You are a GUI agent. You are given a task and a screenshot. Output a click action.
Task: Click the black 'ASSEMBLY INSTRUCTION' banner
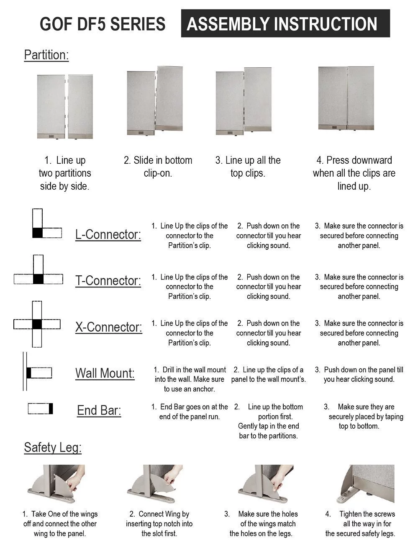click(285, 24)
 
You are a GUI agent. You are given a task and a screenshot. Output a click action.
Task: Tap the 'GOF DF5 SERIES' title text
click(103, 24)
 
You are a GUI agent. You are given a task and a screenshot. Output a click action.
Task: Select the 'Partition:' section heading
click(46, 55)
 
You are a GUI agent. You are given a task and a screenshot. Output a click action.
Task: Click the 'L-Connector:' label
click(108, 235)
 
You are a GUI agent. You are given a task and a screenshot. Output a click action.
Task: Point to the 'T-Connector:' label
click(108, 281)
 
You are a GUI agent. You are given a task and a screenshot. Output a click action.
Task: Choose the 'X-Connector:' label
click(109, 327)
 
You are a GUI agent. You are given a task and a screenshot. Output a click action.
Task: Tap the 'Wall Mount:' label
click(105, 373)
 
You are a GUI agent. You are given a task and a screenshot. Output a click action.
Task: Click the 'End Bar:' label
click(99, 411)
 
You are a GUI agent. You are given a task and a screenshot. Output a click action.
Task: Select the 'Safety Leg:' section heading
click(53, 447)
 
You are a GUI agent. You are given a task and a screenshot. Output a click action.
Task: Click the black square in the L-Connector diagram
click(38, 233)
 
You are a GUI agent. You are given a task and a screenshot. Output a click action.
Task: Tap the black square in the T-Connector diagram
click(38, 279)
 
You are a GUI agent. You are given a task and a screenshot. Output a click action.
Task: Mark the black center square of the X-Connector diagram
click(37, 324)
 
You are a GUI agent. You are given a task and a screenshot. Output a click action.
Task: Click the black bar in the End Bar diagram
click(51, 408)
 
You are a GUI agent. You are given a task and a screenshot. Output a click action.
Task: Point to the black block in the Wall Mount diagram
click(29, 373)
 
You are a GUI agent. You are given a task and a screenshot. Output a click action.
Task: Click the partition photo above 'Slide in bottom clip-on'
click(155, 101)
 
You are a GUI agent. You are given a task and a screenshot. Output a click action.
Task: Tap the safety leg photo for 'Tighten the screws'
click(365, 484)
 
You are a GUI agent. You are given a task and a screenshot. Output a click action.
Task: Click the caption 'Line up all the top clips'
click(248, 167)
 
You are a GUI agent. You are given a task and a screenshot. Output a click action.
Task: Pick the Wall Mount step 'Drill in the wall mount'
click(190, 379)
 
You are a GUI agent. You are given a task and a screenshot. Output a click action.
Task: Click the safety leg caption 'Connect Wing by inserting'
click(159, 524)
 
